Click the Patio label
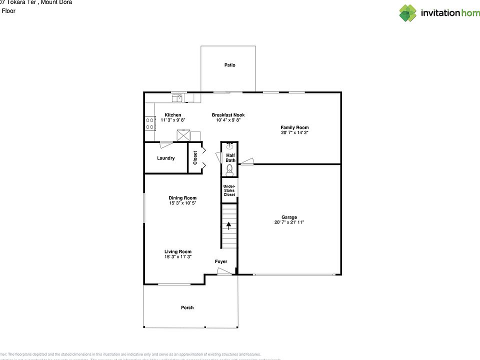229,65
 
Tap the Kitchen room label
173,115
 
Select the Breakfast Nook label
228,115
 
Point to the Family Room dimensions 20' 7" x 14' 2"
294,133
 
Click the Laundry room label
165,158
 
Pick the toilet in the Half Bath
229,170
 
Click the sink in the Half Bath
229,146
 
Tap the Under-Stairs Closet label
229,190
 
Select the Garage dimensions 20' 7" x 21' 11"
289,222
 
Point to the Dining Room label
182,198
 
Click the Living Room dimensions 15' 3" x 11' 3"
178,256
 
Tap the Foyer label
220,261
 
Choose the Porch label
187,307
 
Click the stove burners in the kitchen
149,123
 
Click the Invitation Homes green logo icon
407,13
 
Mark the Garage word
289,217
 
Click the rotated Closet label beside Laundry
195,158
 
